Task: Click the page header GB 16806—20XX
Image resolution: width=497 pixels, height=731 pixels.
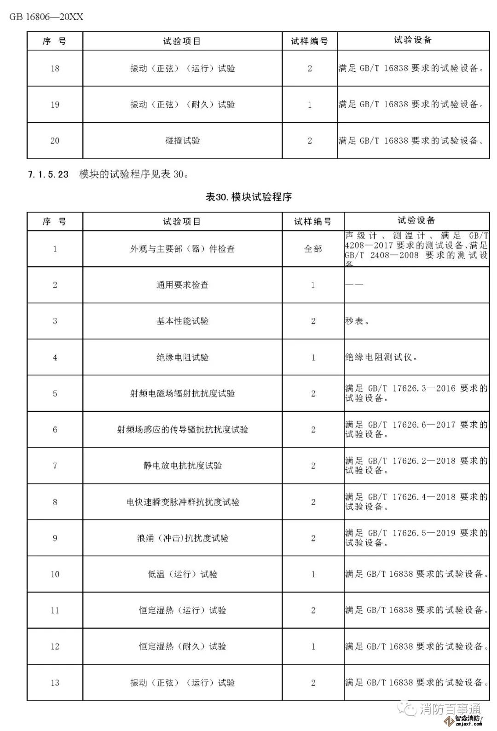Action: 46,17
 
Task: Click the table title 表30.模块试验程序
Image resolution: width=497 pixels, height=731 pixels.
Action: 248,197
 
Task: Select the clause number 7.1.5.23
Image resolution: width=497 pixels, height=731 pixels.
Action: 48,174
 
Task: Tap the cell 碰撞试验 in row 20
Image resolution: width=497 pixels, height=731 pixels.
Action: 182,141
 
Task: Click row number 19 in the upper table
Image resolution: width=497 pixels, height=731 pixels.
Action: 55,104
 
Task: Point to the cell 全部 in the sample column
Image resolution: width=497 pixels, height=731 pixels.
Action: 313,249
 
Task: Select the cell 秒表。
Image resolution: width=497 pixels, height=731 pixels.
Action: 357,321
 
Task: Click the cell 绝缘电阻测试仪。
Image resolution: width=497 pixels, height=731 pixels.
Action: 381,357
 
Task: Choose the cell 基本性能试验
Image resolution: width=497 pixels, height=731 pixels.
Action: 182,321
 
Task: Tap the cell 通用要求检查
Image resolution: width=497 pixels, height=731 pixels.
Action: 182,285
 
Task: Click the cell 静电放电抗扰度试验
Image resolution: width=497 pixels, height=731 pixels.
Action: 182,466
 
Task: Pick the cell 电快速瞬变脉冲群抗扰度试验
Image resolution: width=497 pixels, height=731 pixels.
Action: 182,502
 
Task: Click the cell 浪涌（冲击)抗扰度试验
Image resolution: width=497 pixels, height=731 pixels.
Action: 182,538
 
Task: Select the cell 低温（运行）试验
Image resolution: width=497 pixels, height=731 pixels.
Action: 182,574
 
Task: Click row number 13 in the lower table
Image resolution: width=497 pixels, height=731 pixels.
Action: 55,683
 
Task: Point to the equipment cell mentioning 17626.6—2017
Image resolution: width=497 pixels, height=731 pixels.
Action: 416,429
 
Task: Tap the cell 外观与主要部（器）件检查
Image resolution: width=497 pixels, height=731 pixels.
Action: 182,249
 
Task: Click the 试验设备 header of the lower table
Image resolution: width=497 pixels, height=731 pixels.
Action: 416,221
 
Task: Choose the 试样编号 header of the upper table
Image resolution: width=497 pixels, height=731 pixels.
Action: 309,41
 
